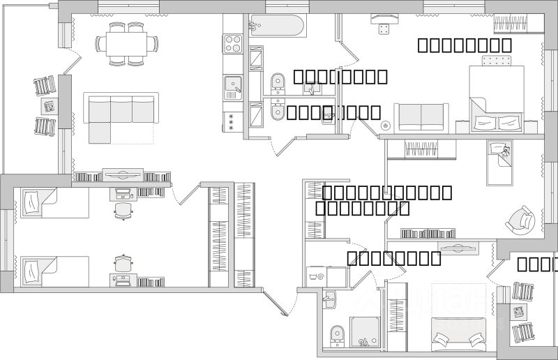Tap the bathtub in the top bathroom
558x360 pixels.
[277, 29]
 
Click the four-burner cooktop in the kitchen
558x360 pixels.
[232, 43]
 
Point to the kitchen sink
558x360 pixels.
[232, 87]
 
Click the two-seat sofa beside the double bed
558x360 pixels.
[421, 117]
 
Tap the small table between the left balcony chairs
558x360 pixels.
[48, 107]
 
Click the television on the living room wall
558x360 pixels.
[123, 174]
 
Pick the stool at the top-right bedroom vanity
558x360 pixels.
[382, 29]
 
